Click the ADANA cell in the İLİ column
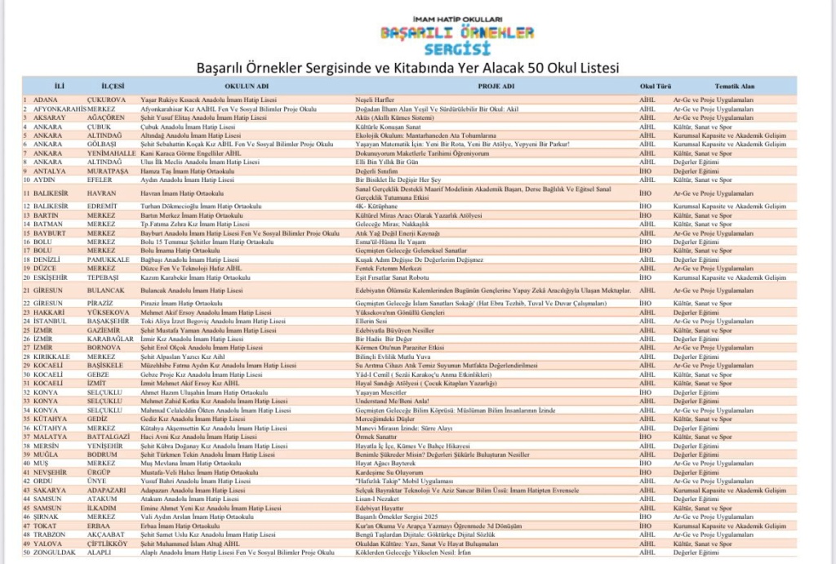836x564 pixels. [x=46, y=99]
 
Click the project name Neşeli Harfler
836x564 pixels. [x=376, y=99]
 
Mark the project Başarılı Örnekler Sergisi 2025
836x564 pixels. [x=398, y=517]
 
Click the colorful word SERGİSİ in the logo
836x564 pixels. [x=456, y=49]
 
